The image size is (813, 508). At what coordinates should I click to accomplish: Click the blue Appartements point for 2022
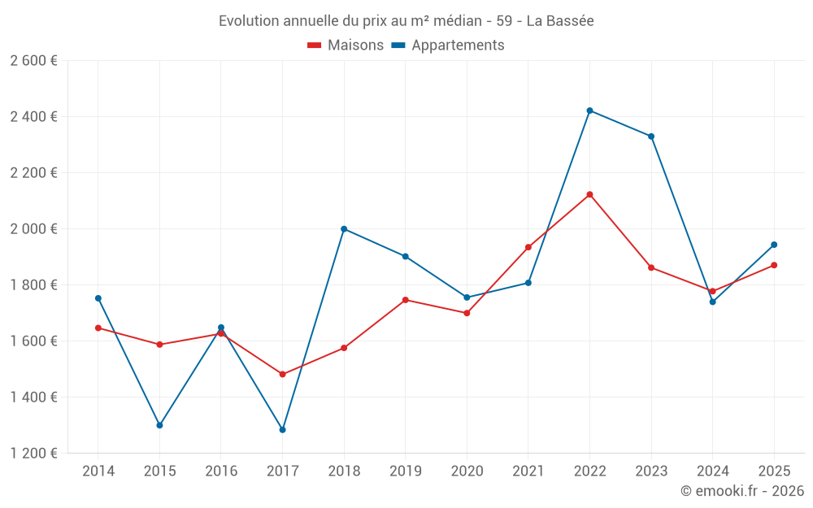pos(589,111)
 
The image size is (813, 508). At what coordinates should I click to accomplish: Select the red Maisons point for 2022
pos(589,194)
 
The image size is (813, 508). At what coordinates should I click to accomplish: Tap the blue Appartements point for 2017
pos(283,430)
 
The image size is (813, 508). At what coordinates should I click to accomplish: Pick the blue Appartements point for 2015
pos(159,425)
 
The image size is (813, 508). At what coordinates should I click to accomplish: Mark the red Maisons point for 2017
pos(283,374)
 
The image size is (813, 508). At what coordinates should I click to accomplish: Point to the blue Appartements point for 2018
pos(344,229)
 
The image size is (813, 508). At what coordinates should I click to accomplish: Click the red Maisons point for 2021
pos(528,247)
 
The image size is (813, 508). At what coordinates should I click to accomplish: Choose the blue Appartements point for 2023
pos(651,137)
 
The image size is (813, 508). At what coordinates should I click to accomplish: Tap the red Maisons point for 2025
pos(774,265)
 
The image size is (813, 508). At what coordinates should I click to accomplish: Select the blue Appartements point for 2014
pos(98,298)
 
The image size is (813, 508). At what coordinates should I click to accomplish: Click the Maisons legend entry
pos(346,45)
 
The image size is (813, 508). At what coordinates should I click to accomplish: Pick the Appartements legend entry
pos(448,45)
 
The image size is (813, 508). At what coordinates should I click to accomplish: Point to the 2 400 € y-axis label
pos(33,116)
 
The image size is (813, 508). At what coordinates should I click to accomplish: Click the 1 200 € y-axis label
pos(33,453)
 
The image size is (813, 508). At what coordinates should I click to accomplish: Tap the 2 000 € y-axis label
pos(33,228)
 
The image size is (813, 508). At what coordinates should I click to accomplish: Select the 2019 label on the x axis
pos(406,471)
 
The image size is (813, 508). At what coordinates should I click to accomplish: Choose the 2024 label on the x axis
pos(712,471)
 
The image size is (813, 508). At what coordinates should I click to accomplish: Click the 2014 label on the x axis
pos(98,471)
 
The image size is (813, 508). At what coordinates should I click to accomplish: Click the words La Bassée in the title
pos(560,21)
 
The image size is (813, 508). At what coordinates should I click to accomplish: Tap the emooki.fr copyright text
pos(742,490)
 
